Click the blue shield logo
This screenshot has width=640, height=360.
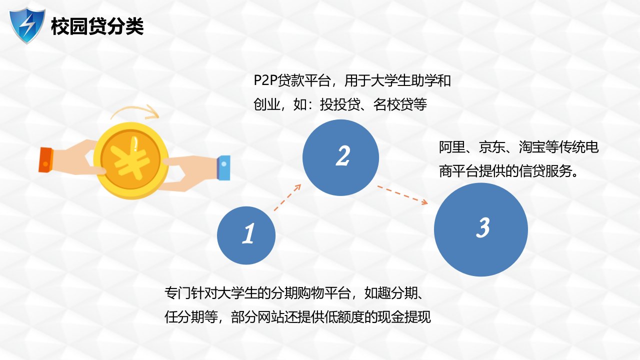pyautogui.click(x=27, y=25)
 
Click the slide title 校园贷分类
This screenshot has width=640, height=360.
pyautogui.click(x=97, y=26)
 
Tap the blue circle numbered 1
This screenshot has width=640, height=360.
pyautogui.click(x=246, y=235)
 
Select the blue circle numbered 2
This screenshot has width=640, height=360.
pyautogui.click(x=341, y=157)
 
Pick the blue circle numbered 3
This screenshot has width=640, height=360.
pyautogui.click(x=481, y=229)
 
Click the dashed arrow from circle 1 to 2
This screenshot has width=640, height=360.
pyautogui.click(x=287, y=197)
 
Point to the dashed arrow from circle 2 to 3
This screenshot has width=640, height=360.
pyautogui.click(x=402, y=195)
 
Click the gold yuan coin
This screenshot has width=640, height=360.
pyautogui.click(x=131, y=160)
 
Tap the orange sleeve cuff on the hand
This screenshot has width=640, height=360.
pyautogui.click(x=45, y=160)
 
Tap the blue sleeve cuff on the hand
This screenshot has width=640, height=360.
pyautogui.click(x=223, y=167)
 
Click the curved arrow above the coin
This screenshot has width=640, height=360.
pyautogui.click(x=134, y=111)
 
